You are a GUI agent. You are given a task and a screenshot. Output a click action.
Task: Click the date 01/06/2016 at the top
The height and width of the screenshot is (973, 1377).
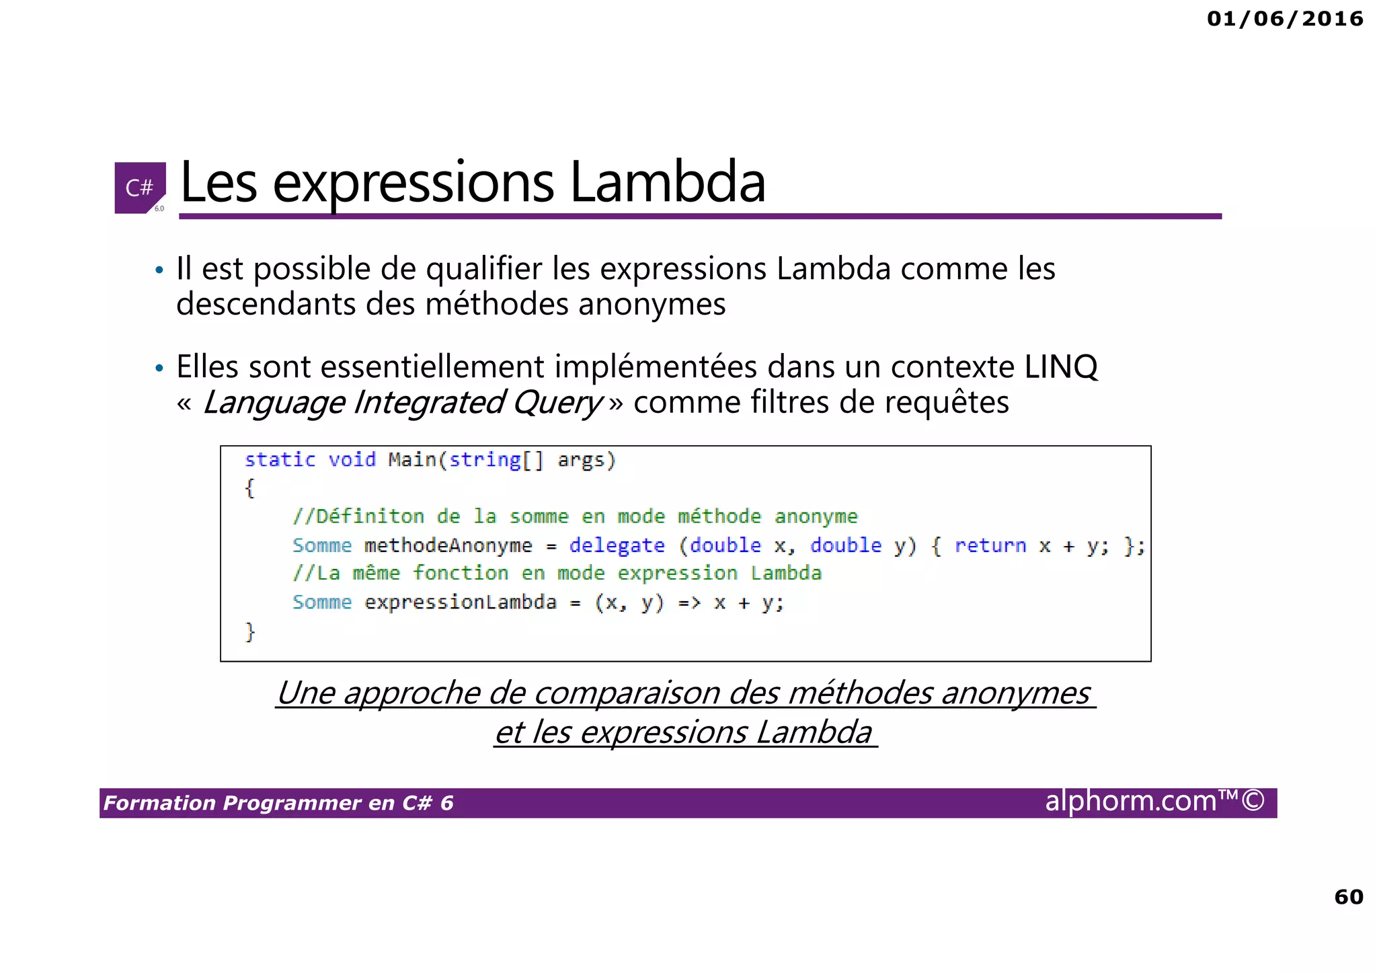tap(1285, 19)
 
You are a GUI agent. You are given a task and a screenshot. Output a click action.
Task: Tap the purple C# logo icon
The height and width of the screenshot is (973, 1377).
tap(140, 188)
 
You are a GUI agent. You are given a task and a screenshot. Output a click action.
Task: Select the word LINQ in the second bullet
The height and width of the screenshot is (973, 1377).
tap(1060, 367)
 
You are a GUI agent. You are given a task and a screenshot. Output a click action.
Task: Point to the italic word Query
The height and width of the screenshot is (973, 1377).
tap(557, 403)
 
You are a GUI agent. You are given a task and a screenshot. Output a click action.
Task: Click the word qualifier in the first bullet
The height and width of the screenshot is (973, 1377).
tap(484, 269)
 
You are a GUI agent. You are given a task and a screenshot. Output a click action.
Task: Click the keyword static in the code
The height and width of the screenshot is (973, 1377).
tap(280, 460)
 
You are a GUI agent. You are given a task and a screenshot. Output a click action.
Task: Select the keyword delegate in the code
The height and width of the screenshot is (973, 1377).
tap(617, 545)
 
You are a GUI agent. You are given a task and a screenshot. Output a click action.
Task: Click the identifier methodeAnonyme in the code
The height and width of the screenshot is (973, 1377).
tap(448, 545)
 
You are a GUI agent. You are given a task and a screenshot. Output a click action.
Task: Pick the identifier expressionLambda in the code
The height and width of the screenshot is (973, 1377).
tap(460, 602)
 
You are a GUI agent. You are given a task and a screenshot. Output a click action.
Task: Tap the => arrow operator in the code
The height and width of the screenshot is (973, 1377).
tap(688, 602)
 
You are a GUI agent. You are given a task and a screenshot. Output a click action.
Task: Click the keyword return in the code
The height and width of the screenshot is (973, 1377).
tap(990, 545)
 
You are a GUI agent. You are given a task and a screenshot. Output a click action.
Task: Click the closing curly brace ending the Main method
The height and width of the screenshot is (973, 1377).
tap(250, 631)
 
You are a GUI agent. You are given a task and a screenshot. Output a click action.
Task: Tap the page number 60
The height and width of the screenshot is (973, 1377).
tap(1348, 896)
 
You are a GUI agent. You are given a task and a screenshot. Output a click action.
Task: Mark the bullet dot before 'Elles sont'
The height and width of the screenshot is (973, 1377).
tap(159, 368)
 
